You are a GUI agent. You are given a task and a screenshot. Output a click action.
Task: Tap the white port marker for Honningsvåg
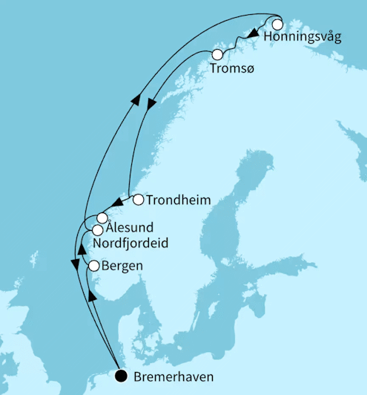click(277, 25)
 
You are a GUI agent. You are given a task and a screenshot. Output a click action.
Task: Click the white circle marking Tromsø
click(217, 55)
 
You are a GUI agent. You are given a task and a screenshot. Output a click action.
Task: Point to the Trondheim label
click(179, 200)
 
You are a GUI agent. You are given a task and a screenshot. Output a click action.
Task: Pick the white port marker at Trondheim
click(138, 199)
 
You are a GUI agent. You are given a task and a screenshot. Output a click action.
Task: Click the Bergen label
click(122, 265)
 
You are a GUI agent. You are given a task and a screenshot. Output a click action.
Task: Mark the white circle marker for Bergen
click(94, 266)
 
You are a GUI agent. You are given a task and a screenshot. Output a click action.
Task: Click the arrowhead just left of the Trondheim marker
click(118, 202)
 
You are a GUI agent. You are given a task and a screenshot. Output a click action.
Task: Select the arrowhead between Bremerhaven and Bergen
click(92, 296)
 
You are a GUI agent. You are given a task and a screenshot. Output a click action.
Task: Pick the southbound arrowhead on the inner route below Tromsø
click(151, 105)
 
